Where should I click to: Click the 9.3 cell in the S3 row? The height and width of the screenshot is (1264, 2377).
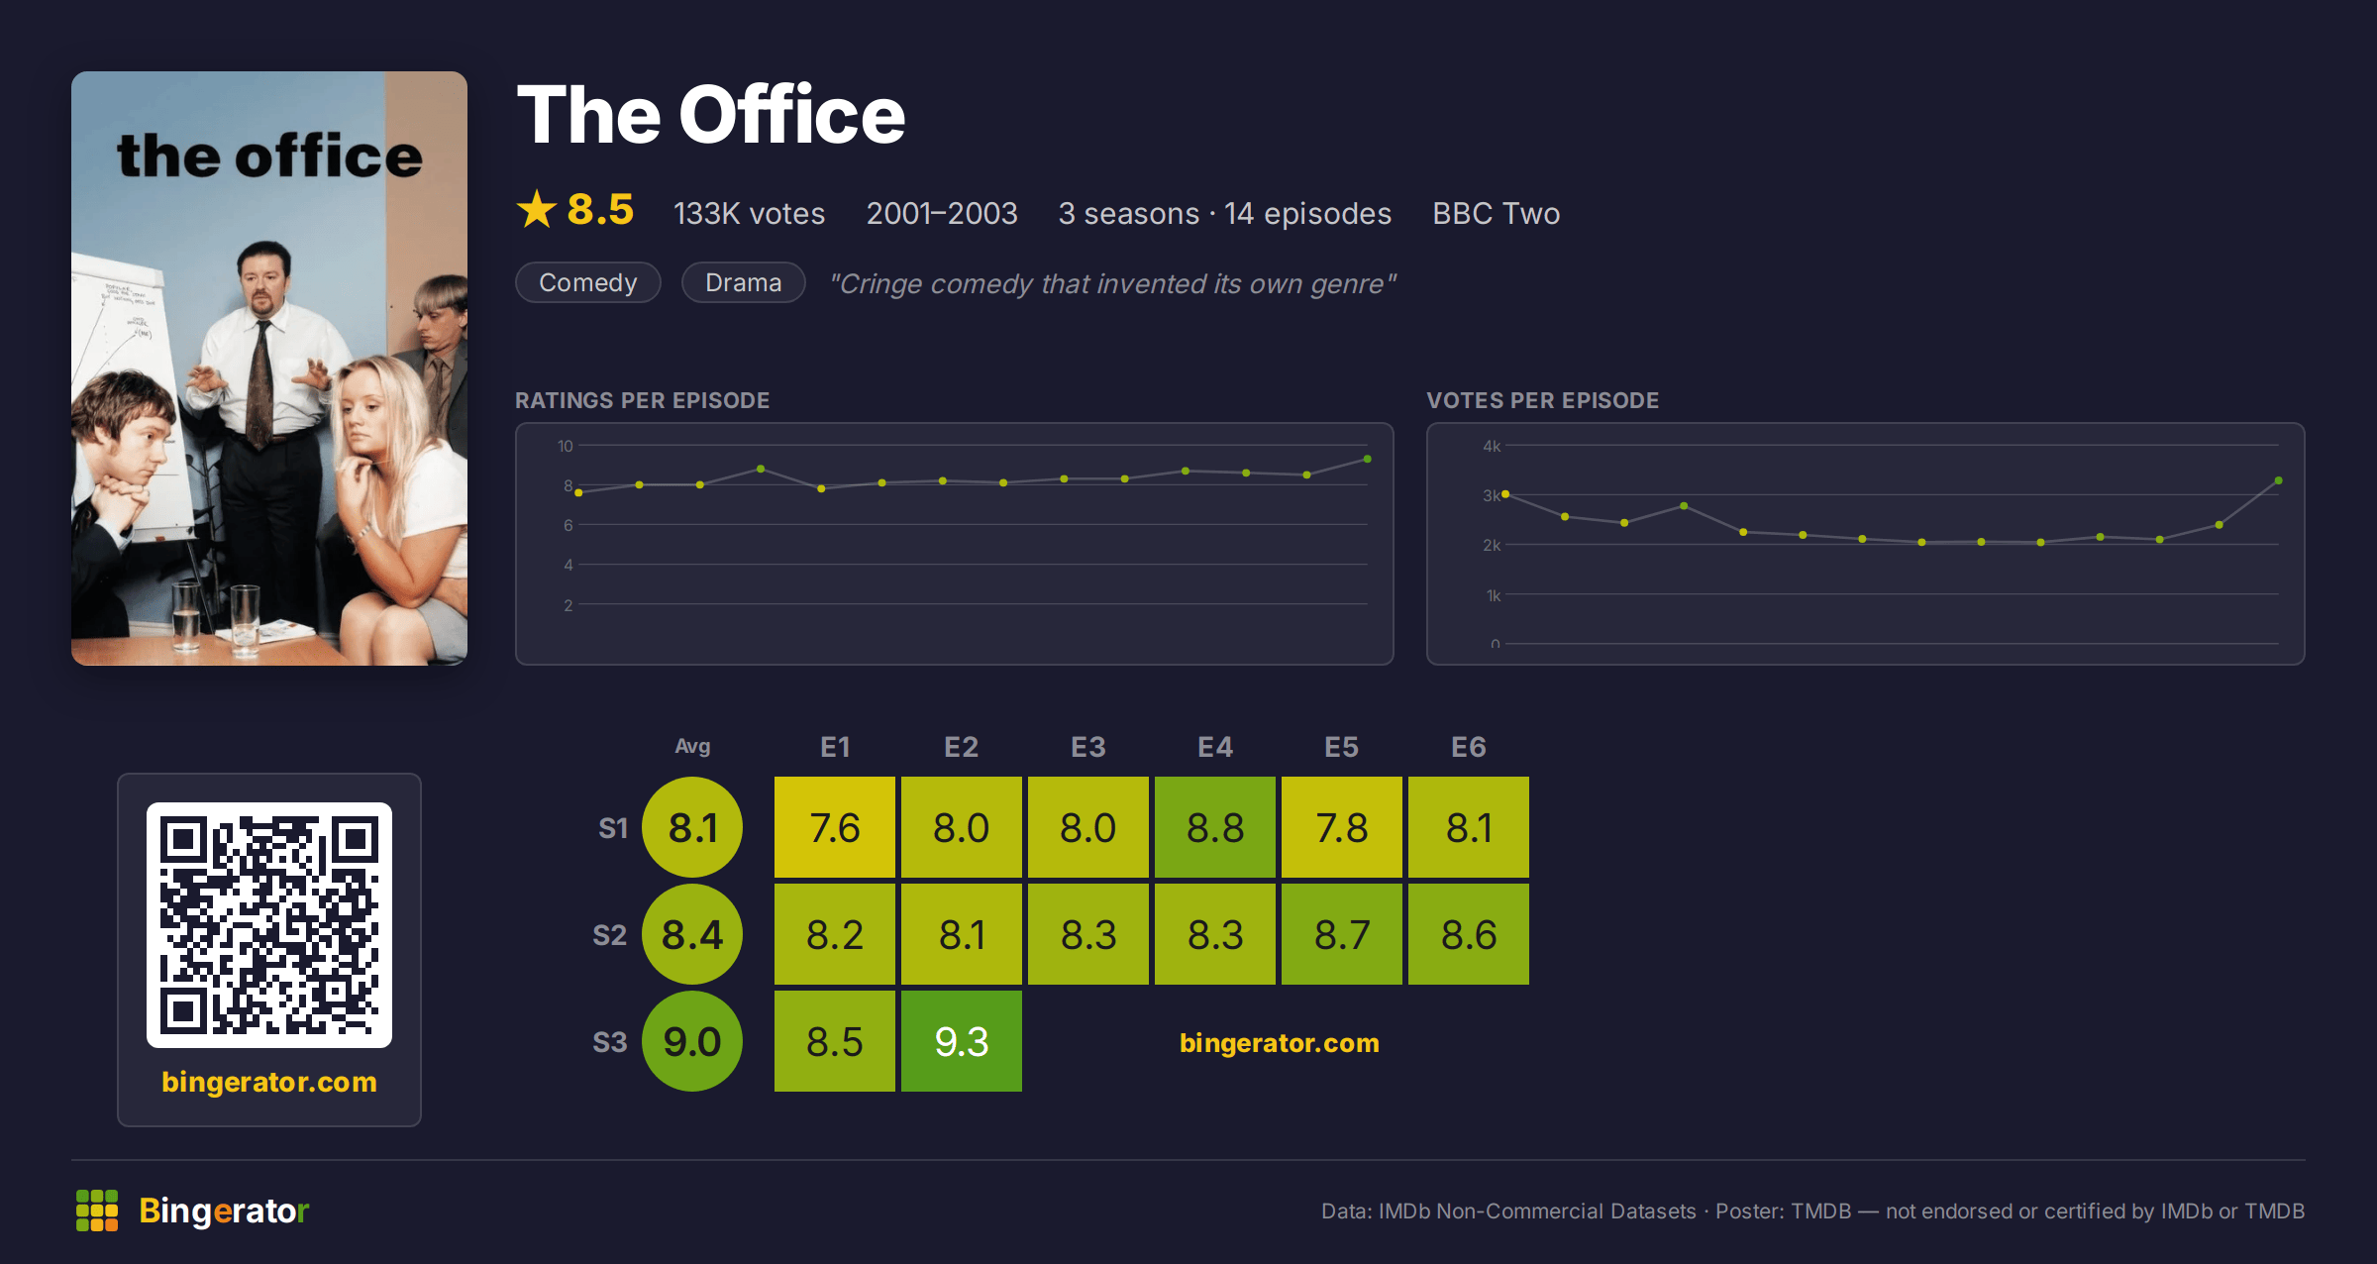click(x=961, y=1041)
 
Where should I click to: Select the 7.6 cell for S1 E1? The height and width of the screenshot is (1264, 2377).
click(x=834, y=827)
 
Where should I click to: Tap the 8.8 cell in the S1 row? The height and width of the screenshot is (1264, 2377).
click(x=1214, y=827)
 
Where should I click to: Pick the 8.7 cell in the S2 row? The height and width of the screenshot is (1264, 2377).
click(x=1341, y=934)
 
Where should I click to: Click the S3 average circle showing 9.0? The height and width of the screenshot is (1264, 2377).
click(x=692, y=1041)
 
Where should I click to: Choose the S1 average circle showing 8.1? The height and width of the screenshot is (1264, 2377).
click(x=692, y=827)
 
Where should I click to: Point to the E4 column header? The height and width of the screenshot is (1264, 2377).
click(x=1214, y=747)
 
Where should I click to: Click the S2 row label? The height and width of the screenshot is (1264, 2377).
click(x=610, y=935)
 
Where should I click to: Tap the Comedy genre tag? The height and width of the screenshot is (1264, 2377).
click(x=588, y=282)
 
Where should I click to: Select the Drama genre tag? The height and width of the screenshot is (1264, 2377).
click(x=744, y=282)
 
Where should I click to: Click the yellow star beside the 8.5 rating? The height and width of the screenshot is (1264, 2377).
click(x=537, y=209)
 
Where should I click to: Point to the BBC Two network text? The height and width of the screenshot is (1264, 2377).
click(x=1496, y=213)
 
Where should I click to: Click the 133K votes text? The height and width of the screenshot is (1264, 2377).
click(x=749, y=213)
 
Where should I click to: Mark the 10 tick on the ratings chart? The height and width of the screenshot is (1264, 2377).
click(x=565, y=446)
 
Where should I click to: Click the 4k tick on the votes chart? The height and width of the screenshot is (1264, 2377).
click(x=1492, y=446)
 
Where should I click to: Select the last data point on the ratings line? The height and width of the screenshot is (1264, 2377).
click(x=1368, y=459)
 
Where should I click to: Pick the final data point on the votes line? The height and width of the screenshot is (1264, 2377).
click(x=2279, y=480)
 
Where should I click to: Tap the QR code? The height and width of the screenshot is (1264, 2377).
click(x=269, y=925)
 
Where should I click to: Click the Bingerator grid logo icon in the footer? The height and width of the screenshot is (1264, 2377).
click(x=97, y=1211)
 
